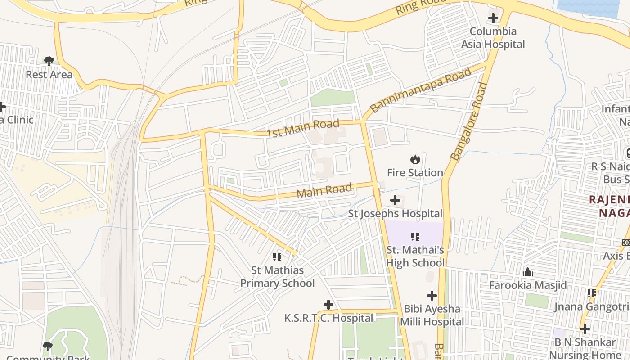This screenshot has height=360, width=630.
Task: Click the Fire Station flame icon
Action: point(415,159)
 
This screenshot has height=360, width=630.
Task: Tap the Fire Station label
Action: point(415,173)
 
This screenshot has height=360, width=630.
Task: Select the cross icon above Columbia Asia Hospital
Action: point(493,18)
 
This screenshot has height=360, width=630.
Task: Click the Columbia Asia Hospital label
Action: point(493,38)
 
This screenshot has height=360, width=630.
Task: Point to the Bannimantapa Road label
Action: point(421,90)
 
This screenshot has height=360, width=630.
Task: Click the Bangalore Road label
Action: point(469,121)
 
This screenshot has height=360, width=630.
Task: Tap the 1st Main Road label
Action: point(303,129)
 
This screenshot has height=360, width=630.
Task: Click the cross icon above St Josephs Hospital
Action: point(395,200)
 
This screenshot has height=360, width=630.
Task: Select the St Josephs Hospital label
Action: point(395,213)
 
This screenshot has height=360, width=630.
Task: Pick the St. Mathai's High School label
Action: point(415,256)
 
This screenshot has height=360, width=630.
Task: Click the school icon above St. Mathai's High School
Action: point(415,236)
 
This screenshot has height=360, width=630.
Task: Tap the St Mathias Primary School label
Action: point(277,277)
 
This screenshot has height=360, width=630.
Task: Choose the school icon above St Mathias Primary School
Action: point(277,257)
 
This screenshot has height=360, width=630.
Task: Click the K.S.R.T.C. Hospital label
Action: point(328,318)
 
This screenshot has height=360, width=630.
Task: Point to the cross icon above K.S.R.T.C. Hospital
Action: point(328,305)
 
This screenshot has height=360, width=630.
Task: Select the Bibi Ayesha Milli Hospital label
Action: point(432,315)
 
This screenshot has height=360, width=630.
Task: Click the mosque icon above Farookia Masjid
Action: point(528,272)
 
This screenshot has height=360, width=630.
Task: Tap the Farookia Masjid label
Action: point(528,285)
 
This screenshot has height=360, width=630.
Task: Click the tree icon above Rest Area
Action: point(49,61)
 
